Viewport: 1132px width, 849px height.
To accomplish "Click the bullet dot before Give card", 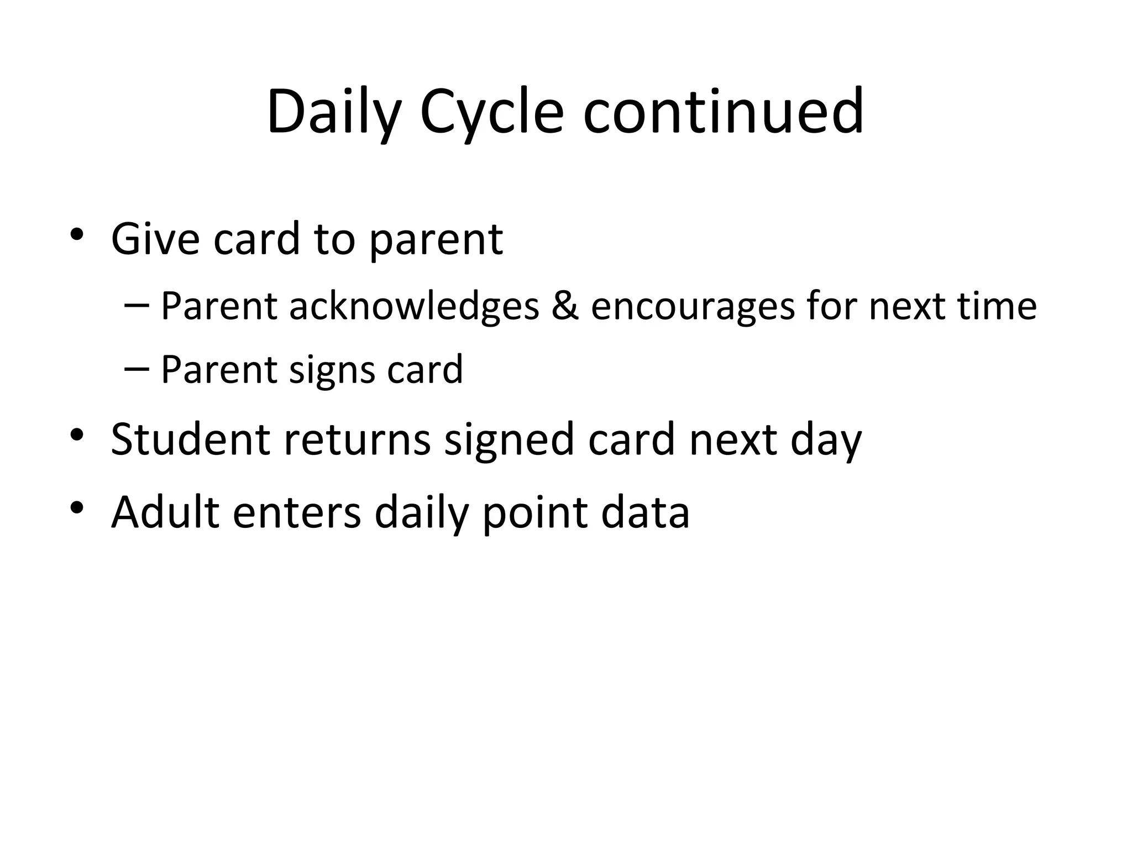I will point(77,234).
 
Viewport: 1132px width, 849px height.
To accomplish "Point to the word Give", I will point(155,239).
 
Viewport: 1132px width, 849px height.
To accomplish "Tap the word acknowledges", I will point(414,307).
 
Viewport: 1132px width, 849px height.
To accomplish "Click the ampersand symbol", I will point(564,306).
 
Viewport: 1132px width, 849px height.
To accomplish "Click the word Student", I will point(190,439).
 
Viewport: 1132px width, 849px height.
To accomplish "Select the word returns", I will point(357,439).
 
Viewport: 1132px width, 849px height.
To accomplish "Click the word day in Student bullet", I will point(826,441).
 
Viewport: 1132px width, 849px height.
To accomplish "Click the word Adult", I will point(165,512).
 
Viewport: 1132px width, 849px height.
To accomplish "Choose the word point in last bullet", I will point(534,513).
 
